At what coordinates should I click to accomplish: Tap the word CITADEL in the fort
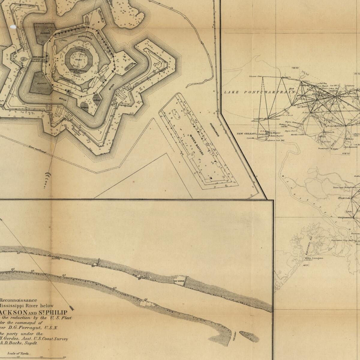click(80, 49)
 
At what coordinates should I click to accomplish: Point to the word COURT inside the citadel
click(78, 60)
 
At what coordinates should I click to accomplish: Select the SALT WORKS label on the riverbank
click(178, 281)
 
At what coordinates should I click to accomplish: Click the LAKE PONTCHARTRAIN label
click(260, 92)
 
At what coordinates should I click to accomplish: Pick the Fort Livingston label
click(314, 258)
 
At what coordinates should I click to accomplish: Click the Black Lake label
click(344, 198)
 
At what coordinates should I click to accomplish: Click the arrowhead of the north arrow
click(72, 308)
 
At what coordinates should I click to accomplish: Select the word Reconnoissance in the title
click(20, 300)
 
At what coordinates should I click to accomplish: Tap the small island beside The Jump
click(249, 337)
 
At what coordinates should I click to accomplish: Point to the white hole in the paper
click(13, 27)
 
